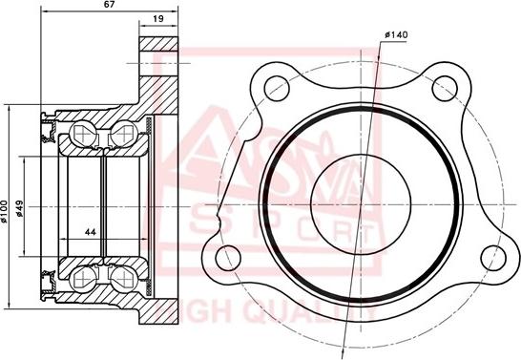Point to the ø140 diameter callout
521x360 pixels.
click(x=396, y=34)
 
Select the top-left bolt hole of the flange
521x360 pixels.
click(x=276, y=84)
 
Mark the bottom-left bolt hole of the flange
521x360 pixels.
click(x=227, y=256)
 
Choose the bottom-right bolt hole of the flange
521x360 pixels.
click(x=491, y=256)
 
